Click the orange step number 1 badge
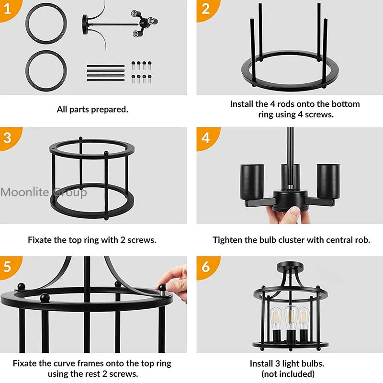click(x=9, y=10)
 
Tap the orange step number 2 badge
click(x=206, y=10)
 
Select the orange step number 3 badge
click(x=9, y=138)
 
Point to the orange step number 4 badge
click(x=207, y=138)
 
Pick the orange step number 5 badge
click(x=9, y=267)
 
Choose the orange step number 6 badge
click(x=207, y=267)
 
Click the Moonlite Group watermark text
click(x=44, y=192)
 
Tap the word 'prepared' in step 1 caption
click(x=110, y=110)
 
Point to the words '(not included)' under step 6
click(x=288, y=374)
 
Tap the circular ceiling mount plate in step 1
click(x=85, y=24)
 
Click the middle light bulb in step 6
click(x=291, y=317)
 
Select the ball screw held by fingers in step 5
click(x=162, y=287)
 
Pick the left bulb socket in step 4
click(x=252, y=182)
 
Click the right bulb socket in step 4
click(x=328, y=182)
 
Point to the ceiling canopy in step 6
click(x=291, y=265)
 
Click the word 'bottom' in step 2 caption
click(x=345, y=104)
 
